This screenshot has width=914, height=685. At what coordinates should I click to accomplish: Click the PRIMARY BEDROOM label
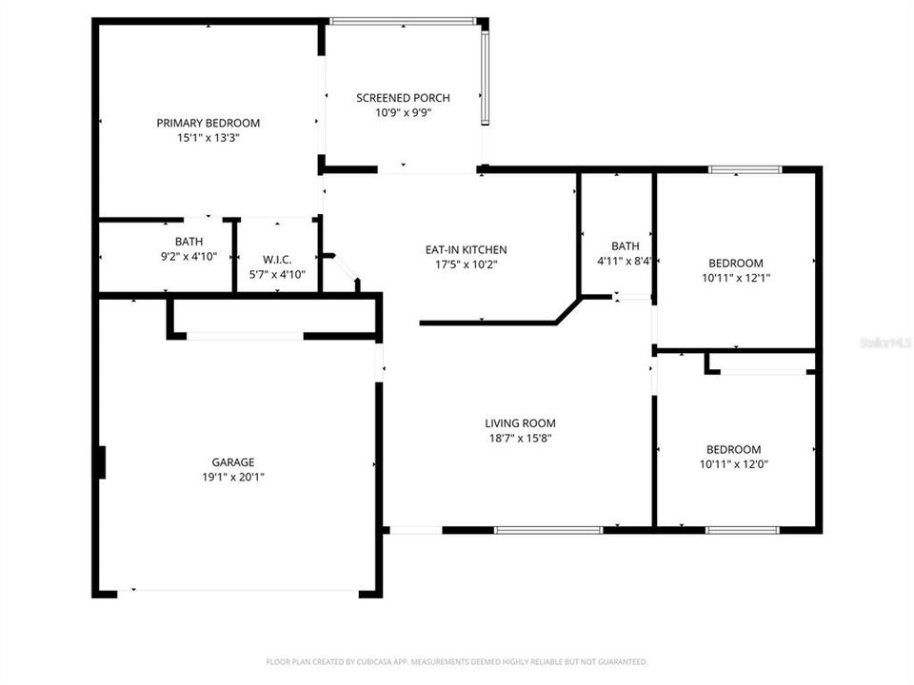(x=208, y=123)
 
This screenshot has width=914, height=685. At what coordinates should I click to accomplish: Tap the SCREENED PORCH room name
(x=403, y=98)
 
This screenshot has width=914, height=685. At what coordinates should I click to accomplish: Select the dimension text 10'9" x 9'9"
(x=403, y=112)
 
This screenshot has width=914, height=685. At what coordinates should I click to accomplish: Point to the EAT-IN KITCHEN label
(x=466, y=250)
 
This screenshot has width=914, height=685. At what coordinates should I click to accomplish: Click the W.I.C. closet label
(x=276, y=260)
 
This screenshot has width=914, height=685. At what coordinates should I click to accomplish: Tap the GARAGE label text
(x=232, y=462)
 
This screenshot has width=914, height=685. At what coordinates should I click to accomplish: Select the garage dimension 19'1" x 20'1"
(x=232, y=477)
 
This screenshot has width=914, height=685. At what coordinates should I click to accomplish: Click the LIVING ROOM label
(x=520, y=423)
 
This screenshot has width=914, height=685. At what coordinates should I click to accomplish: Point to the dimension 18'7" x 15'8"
(x=520, y=438)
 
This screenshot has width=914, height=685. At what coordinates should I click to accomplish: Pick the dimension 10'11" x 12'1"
(x=735, y=278)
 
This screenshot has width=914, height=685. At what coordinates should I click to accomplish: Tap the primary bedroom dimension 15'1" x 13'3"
(x=208, y=137)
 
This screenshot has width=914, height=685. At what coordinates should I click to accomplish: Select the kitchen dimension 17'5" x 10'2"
(x=466, y=264)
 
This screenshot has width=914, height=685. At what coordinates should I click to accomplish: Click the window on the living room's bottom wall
(x=548, y=530)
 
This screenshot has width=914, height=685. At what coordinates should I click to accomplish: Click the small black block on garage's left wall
(x=99, y=463)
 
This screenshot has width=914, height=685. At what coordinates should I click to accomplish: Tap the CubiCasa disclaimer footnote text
(x=456, y=661)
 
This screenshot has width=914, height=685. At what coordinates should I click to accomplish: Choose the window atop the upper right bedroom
(x=745, y=169)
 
